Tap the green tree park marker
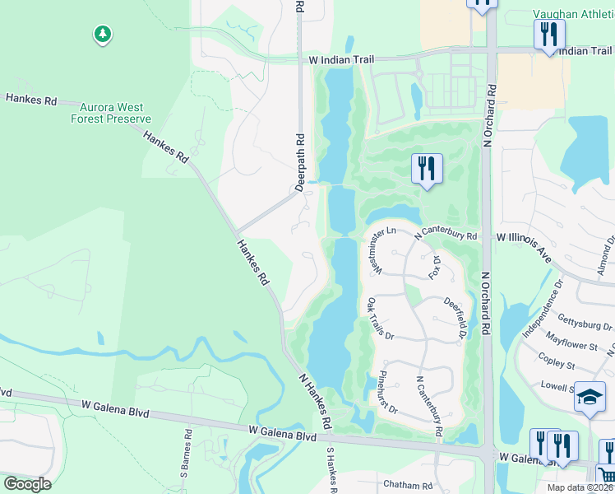102,35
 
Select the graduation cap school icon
589,397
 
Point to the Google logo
27,484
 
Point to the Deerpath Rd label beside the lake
300,163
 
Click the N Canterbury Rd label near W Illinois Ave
446,236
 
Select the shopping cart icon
607,475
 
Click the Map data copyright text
580,487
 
